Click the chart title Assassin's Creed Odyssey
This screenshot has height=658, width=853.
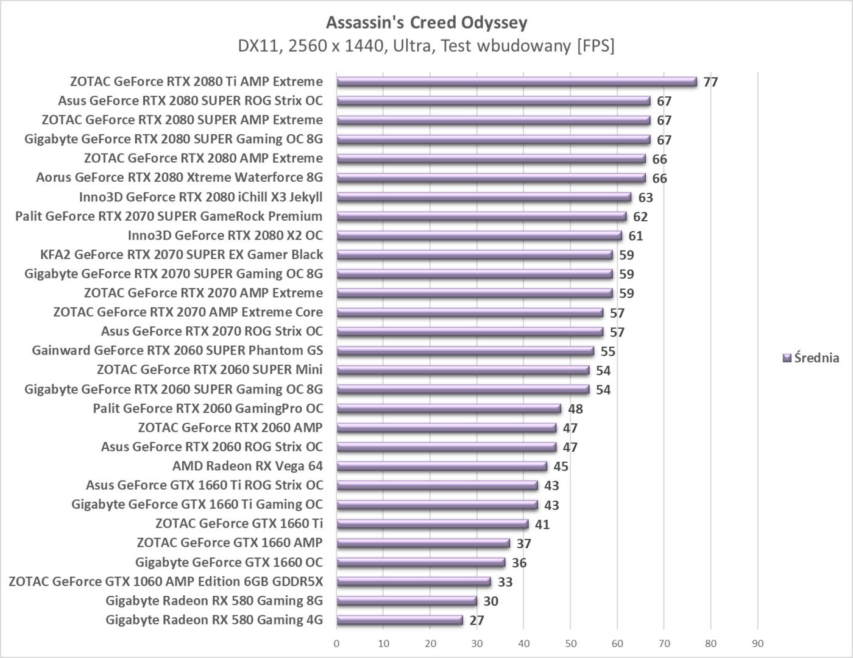pos(426,23)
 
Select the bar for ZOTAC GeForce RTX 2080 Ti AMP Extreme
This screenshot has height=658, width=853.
pos(516,82)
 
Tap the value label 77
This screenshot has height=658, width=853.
pos(710,82)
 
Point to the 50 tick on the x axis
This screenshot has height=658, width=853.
pos(570,643)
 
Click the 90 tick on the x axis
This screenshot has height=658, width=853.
pos(757,643)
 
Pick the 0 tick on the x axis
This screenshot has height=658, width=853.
pos(336,643)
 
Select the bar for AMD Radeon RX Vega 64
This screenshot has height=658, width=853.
pos(441,467)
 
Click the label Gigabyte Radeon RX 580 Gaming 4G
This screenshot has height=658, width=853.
pos(214,620)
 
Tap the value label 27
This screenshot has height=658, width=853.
pos(476,621)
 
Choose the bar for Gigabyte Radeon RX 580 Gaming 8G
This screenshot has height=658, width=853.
pos(406,601)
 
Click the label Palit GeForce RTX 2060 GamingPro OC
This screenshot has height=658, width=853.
pos(208,409)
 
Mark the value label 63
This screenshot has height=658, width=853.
pos(645,198)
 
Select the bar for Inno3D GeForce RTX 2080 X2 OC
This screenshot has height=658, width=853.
pos(479,236)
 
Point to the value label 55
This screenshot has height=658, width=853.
pos(607,352)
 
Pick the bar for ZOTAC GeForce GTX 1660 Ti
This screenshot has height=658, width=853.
pos(432,524)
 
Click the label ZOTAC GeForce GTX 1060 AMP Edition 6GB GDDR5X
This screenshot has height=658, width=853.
pos(166,582)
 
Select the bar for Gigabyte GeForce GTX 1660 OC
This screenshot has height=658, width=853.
pos(420,562)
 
